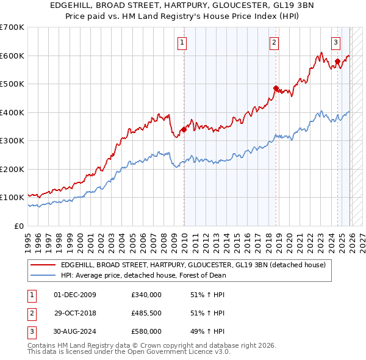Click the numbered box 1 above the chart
point(184,42)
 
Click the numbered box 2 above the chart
point(274,42)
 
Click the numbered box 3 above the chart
point(336,42)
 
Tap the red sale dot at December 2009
point(184,129)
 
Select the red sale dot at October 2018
point(276,88)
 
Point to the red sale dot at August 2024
point(337,61)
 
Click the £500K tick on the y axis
point(12,84)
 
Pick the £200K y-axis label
point(12,169)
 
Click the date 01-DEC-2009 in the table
point(75,295)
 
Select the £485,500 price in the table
point(146,313)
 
